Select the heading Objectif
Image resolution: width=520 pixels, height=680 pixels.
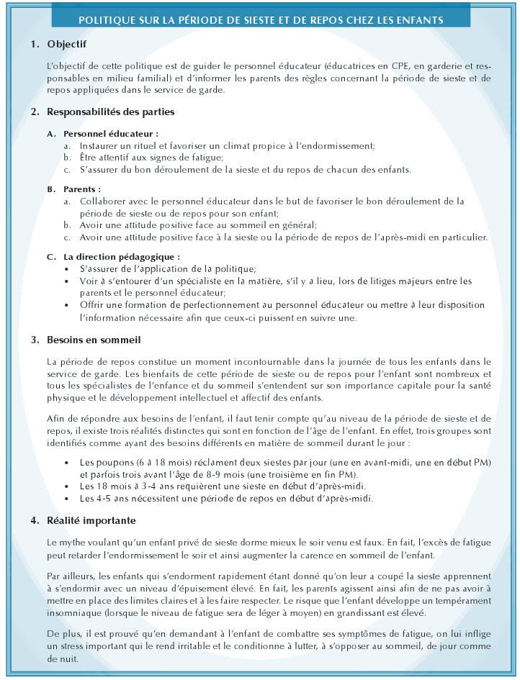pyautogui.click(x=66, y=45)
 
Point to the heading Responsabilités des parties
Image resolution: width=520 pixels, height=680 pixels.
pyautogui.click(x=110, y=112)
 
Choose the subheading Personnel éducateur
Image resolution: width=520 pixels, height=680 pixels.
pyautogui.click(x=110, y=134)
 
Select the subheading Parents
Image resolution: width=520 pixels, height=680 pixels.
pyautogui.click(x=81, y=189)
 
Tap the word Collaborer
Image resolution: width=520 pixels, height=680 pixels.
pyautogui.click(x=103, y=201)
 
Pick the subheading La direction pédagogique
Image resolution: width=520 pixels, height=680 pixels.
pyautogui.click(x=120, y=256)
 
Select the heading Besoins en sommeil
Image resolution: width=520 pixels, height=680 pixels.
pyautogui.click(x=94, y=339)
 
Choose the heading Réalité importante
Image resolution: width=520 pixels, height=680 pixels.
pyautogui.click(x=93, y=520)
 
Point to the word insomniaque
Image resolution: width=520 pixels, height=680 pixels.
pyautogui.click(x=74, y=612)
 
